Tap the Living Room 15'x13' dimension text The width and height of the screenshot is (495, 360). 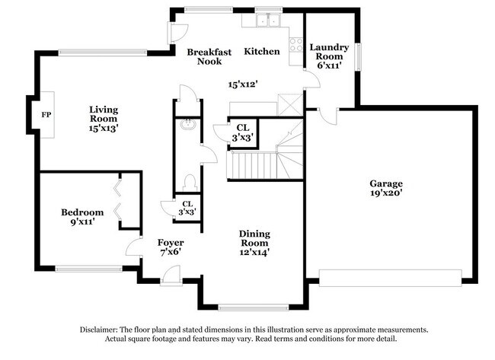pyautogui.click(x=104, y=129)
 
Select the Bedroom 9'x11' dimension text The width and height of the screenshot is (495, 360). pyautogui.click(x=82, y=222)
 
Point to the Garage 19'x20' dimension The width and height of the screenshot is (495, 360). pyautogui.click(x=386, y=193)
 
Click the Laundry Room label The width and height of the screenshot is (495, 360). pyautogui.click(x=329, y=52)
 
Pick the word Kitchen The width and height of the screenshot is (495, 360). pyautogui.click(x=262, y=51)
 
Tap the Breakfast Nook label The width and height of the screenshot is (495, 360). pyautogui.click(x=209, y=56)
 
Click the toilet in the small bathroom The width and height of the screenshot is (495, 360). pyautogui.click(x=190, y=181)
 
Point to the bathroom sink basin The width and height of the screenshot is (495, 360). pyautogui.click(x=187, y=128)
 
